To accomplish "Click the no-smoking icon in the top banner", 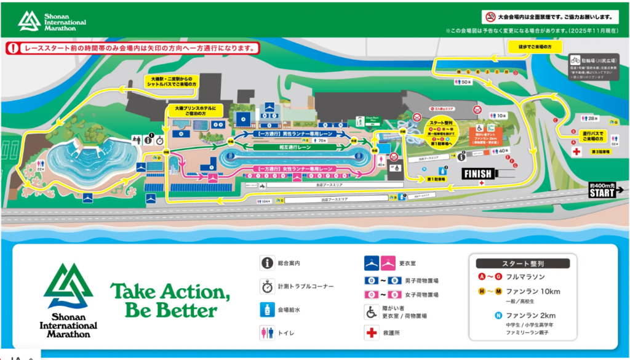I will [x=491, y=17].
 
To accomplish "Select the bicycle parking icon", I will [x=575, y=60].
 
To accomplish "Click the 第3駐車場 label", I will [x=599, y=151].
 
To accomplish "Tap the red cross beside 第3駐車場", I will [x=576, y=151].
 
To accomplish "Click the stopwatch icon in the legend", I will [x=266, y=287].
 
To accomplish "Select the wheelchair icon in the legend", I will [x=371, y=312].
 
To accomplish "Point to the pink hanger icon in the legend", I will [x=388, y=263].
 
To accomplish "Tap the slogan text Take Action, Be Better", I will [x=170, y=299].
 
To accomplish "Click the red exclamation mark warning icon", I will [x=14, y=47].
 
